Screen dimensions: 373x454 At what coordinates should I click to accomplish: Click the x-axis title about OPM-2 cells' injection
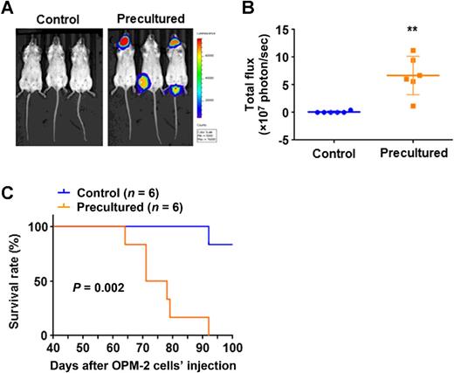coord(147,363)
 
